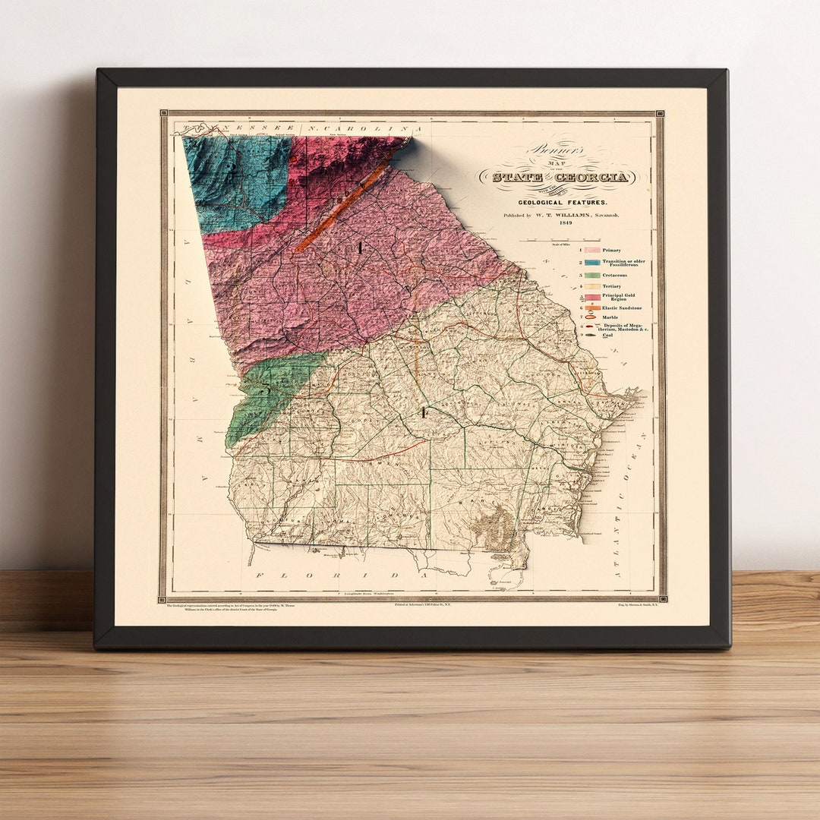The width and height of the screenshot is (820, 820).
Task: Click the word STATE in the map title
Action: click(517, 178)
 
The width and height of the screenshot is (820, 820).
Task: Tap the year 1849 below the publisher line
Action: click(565, 224)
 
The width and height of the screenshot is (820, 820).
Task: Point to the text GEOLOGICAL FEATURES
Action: click(563, 203)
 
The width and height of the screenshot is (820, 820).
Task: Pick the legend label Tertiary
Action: click(612, 286)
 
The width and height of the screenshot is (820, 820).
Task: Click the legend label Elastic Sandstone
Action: click(622, 308)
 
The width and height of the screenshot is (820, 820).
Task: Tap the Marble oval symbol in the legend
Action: click(590, 318)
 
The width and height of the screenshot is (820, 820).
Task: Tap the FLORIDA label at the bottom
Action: click(342, 576)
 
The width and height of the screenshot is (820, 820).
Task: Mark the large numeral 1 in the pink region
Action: click(361, 248)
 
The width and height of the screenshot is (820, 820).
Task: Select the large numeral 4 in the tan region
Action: click(423, 412)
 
